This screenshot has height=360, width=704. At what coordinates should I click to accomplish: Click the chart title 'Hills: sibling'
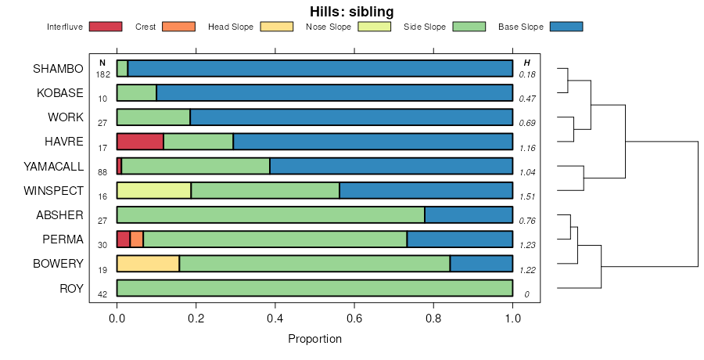(x=352, y=12)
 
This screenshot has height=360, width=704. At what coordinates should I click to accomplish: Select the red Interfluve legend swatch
(x=106, y=27)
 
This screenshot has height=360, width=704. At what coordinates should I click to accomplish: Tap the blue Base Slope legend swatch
(x=566, y=27)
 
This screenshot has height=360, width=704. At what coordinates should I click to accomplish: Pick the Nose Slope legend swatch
(x=374, y=27)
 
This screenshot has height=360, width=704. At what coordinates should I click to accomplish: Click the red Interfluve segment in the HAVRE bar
(x=140, y=142)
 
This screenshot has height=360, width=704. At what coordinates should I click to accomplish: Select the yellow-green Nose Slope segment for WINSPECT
(x=153, y=190)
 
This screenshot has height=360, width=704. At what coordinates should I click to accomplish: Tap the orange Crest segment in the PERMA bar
(x=136, y=239)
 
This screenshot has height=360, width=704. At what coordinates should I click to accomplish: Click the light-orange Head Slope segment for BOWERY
(x=148, y=263)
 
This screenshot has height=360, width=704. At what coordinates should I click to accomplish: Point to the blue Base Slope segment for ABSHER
(x=469, y=214)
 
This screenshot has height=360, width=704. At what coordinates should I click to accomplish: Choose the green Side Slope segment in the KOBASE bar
(x=136, y=93)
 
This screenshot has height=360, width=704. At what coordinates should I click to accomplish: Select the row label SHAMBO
(x=58, y=69)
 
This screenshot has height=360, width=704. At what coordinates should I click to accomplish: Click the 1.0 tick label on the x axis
(x=512, y=319)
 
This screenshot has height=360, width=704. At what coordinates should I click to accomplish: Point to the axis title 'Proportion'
(x=314, y=340)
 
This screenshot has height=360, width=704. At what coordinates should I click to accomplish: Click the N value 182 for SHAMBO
(x=102, y=75)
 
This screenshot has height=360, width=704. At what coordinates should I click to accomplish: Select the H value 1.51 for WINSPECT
(x=526, y=196)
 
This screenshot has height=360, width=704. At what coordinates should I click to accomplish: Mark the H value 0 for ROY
(x=526, y=293)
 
